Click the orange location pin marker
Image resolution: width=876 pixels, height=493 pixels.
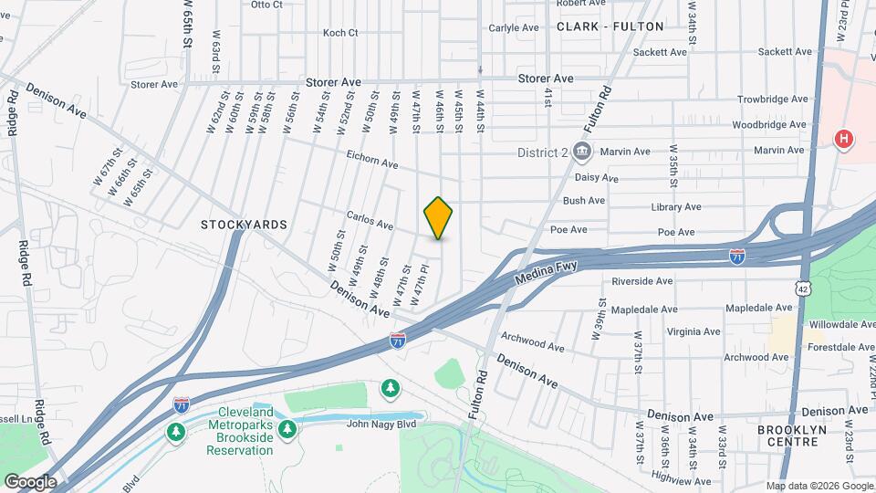[438, 217]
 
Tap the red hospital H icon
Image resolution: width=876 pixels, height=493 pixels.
[845, 140]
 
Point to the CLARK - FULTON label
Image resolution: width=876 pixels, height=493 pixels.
[610, 26]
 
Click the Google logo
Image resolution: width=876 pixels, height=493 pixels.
[30, 482]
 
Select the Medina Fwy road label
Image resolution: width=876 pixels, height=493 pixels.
[546, 271]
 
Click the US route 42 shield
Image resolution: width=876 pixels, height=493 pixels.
[802, 288]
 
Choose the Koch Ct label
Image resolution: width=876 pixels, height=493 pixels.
[340, 33]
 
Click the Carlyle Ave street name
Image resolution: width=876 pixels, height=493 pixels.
[513, 28]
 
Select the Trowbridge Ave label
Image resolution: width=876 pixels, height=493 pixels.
[774, 100]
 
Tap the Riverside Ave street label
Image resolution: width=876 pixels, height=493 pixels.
[642, 281]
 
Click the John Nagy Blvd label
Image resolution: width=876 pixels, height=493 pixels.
[381, 423]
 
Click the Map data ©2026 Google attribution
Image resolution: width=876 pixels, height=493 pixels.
[819, 486]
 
